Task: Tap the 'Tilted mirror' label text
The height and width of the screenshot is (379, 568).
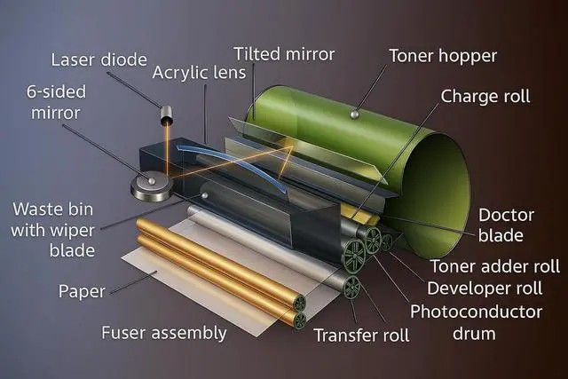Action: [284, 54]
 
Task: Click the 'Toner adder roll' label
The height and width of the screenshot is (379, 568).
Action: [494, 266]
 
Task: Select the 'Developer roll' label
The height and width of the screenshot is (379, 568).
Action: [492, 288]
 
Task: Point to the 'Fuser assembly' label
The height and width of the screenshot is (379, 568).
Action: [164, 334]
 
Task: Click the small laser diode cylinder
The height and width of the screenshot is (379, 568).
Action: [166, 115]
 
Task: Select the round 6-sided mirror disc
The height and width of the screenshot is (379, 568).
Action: [151, 185]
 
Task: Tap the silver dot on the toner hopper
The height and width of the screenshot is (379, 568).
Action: [355, 113]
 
